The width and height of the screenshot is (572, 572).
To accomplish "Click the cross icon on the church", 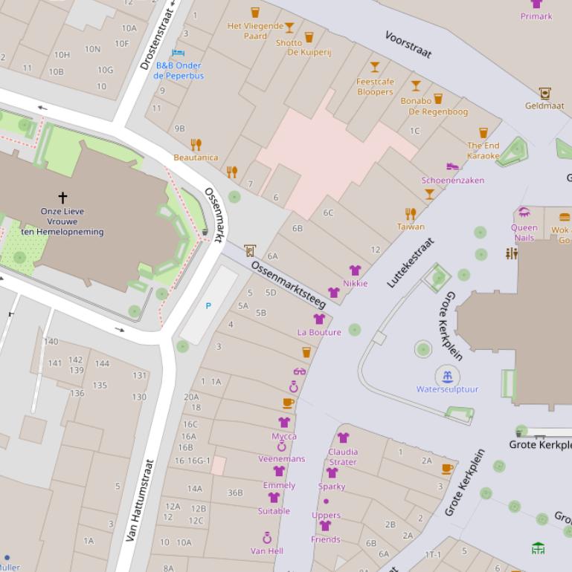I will click(x=62, y=198).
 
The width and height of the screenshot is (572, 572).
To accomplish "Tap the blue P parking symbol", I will click(x=208, y=306).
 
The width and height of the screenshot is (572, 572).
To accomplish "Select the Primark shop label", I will click(x=536, y=16).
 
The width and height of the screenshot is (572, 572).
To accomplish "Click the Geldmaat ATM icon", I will click(x=544, y=93).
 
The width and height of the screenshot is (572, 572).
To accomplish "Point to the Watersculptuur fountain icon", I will click(x=447, y=376).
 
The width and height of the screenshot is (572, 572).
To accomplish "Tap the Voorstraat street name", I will click(x=408, y=45).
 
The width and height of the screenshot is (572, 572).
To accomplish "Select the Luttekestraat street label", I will click(x=410, y=263).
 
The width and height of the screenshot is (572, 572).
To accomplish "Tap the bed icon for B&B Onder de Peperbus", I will click(x=178, y=53).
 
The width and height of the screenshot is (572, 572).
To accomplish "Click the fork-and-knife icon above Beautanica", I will click(x=196, y=145).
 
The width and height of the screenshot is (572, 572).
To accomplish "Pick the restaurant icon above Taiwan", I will click(x=410, y=214).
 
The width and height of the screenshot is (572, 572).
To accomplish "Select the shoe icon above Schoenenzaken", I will click(x=452, y=167).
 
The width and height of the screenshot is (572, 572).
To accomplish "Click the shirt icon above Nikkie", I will click(x=355, y=270).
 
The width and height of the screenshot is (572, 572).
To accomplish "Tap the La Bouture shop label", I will click(x=319, y=332).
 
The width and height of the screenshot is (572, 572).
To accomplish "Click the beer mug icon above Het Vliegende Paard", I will click(x=255, y=13).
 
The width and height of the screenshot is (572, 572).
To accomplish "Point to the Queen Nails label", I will click(x=524, y=233).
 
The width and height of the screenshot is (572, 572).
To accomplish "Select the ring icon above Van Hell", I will click(x=266, y=538).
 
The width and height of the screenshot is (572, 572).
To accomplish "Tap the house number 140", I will click(x=51, y=342).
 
